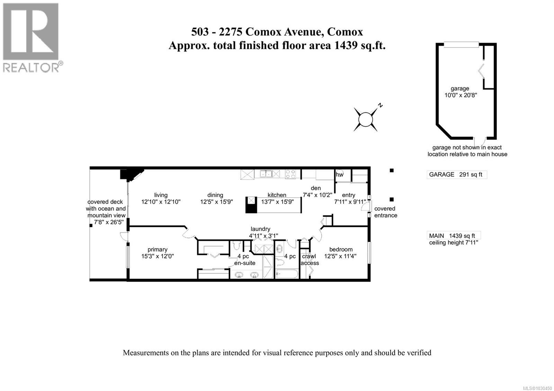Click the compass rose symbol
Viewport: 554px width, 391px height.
coord(365,120)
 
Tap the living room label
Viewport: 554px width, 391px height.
coord(161,195)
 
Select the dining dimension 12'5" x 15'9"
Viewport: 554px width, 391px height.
coord(216,202)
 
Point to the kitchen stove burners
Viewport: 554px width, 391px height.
coord(290,174)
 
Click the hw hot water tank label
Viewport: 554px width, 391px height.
coord(339,175)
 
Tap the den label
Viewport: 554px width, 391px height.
coord(315,188)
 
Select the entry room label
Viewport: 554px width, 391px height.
coord(348,195)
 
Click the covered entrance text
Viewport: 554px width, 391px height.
coord(385,212)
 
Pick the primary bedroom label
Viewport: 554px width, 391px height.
coord(157,249)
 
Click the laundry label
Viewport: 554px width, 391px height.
coord(260,229)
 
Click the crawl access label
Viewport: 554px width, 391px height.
coord(309,260)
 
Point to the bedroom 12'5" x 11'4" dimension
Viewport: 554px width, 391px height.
coord(340,256)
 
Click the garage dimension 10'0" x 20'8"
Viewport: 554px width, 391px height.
coord(461,95)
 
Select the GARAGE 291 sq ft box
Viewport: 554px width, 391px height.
coord(456,174)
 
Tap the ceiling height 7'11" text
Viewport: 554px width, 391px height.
coord(453,243)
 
